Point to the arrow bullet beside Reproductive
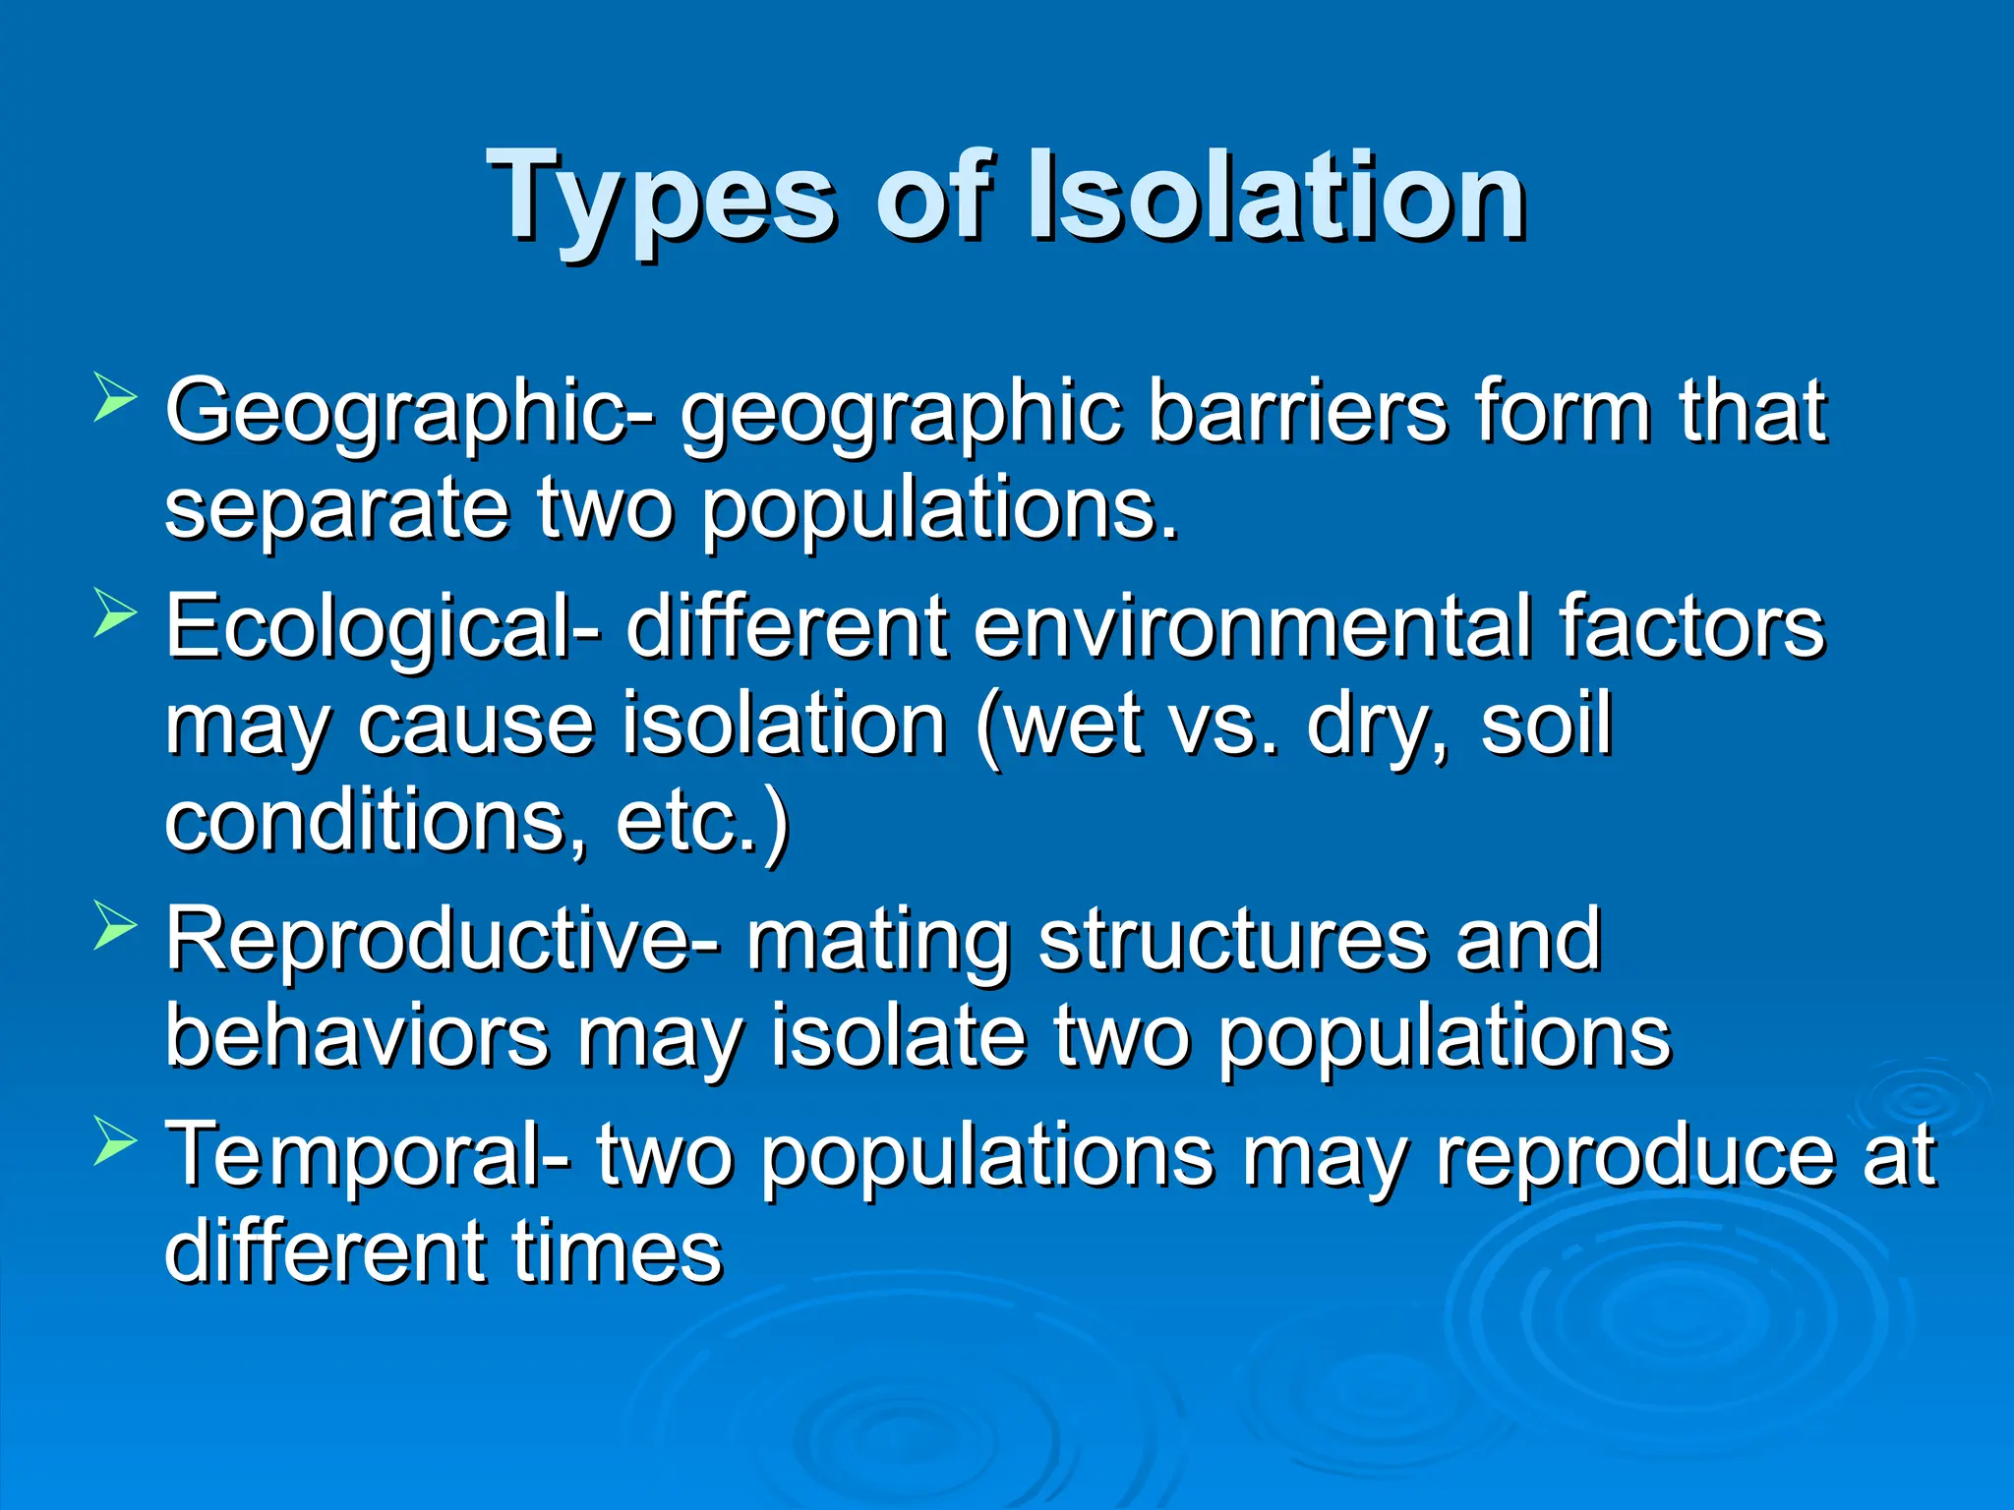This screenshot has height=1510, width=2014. [115, 926]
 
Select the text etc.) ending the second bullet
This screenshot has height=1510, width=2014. [702, 824]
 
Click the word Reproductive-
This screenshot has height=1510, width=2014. [442, 941]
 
